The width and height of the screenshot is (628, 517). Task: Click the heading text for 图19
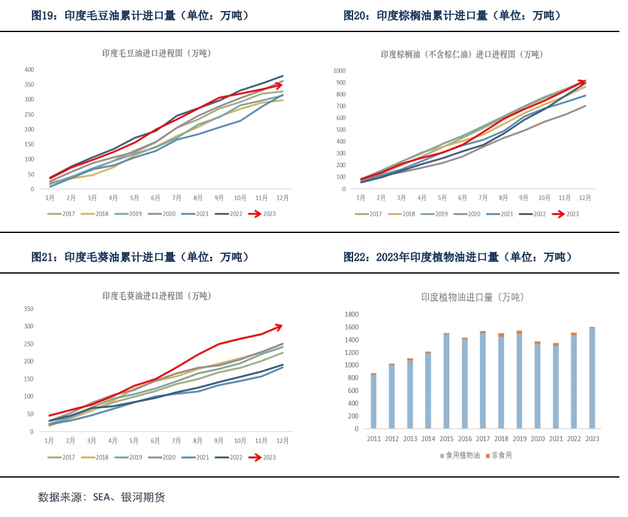[140, 16]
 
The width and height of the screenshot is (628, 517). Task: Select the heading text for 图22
[457, 257]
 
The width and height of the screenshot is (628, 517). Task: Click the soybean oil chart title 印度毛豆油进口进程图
[157, 54]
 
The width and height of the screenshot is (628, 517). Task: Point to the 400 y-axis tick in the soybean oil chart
[29, 69]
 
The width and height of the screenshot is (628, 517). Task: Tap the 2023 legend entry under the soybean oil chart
[263, 214]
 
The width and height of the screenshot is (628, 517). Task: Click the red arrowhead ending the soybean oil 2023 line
[280, 85]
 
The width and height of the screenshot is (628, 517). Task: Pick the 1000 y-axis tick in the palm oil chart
[340, 71]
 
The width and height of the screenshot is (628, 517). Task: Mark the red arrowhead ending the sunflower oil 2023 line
[279, 326]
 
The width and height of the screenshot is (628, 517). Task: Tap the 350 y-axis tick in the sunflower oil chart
[29, 309]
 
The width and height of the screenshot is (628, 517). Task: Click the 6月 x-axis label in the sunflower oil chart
[155, 441]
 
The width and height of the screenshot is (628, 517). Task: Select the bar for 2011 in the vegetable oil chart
[373, 401]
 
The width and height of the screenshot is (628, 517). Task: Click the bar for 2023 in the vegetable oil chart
[592, 378]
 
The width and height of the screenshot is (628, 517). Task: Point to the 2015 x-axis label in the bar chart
[446, 439]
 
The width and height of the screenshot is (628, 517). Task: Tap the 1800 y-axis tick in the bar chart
[351, 314]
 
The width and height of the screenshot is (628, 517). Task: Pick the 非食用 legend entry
[499, 456]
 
